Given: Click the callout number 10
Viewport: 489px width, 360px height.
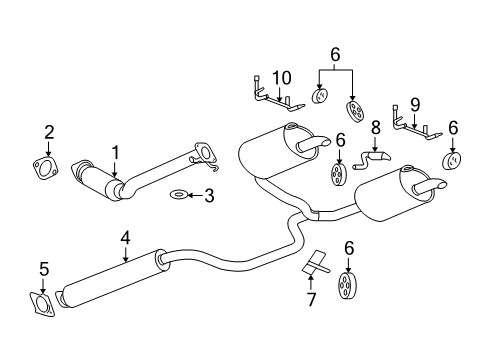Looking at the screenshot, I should pyautogui.click(x=281, y=78).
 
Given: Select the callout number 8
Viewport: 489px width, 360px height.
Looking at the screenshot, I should pyautogui.click(x=376, y=127).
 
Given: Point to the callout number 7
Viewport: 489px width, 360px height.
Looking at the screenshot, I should pyautogui.click(x=311, y=299).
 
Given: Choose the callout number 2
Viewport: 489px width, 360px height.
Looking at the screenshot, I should pyautogui.click(x=47, y=131).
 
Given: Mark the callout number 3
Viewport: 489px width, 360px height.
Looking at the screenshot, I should pyautogui.click(x=208, y=196).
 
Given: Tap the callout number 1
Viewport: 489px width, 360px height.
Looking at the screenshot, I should pyautogui.click(x=115, y=152).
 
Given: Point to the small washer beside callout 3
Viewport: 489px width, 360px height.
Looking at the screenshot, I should pyautogui.click(x=178, y=196).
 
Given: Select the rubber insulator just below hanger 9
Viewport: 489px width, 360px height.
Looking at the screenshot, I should pyautogui.click(x=452, y=161).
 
